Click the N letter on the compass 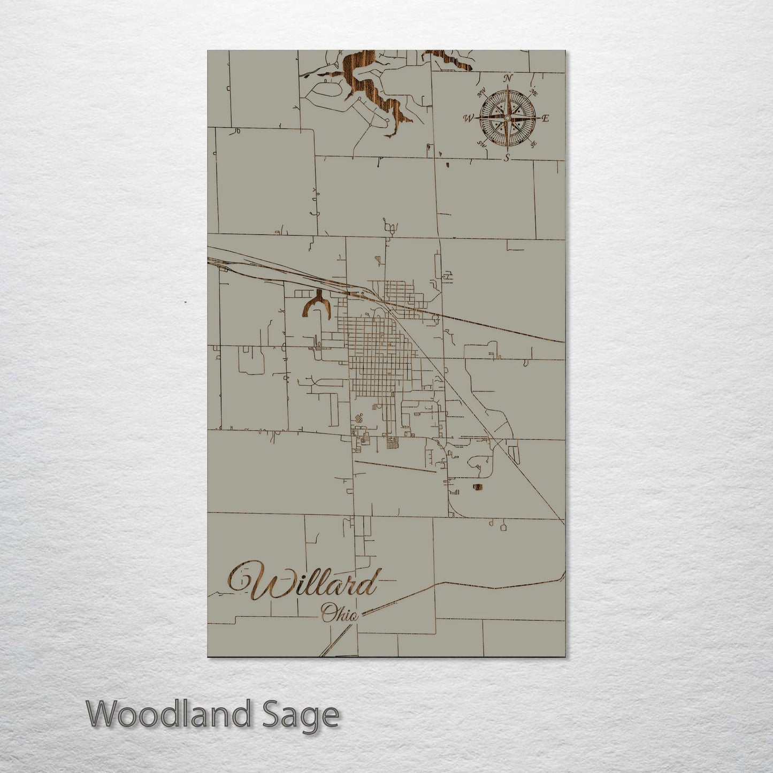click(508, 79)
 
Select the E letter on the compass click(546, 119)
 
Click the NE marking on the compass click(533, 93)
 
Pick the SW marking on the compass click(481, 143)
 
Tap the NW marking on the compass click(481, 93)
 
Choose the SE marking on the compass click(533, 143)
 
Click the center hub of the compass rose click(507, 117)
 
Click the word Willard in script click(305, 581)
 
